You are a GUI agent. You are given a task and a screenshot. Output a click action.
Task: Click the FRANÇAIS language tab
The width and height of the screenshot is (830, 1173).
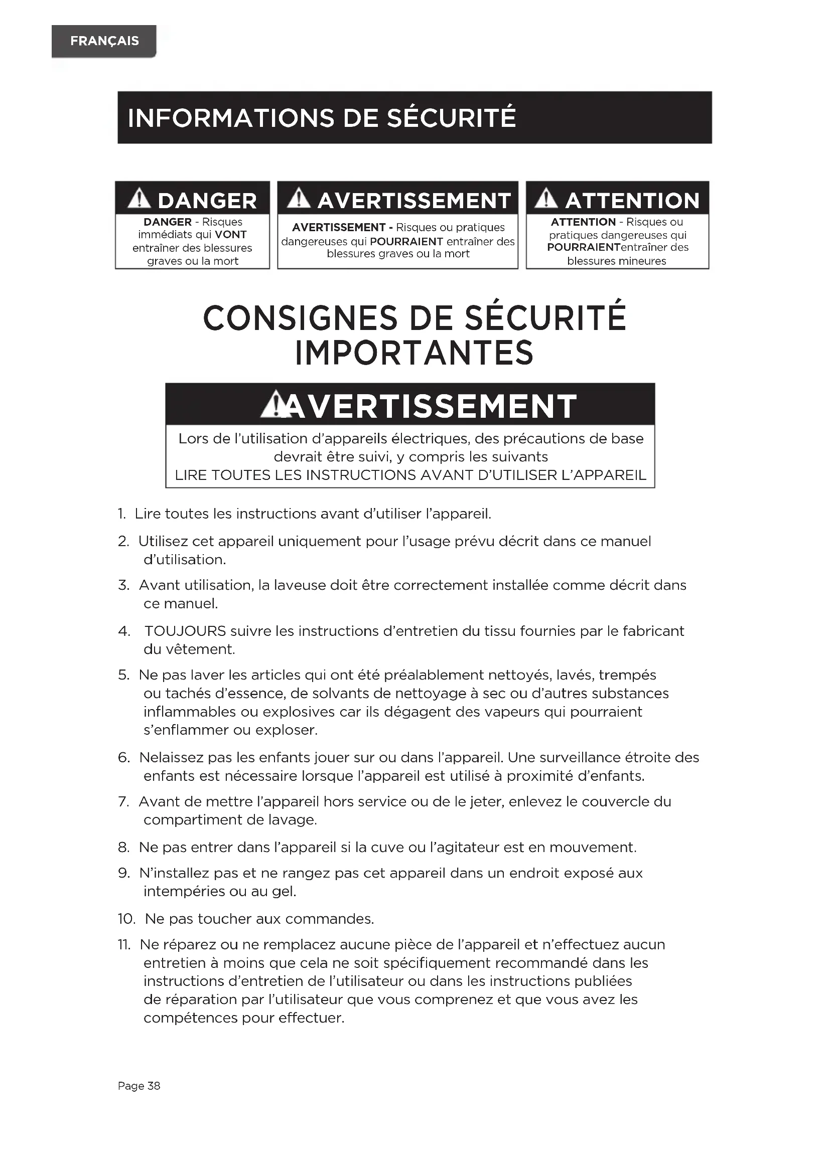(x=104, y=41)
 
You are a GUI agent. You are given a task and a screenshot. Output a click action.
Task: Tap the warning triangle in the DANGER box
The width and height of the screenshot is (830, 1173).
(x=139, y=199)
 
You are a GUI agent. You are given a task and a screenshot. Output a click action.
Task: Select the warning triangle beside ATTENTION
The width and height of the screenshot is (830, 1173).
(x=546, y=199)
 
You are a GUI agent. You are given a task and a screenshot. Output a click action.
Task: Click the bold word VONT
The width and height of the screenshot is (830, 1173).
(x=230, y=235)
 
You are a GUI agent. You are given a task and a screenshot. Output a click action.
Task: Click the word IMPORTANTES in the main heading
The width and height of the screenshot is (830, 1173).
(x=414, y=353)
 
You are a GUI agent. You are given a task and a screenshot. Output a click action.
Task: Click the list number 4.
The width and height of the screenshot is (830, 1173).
(x=123, y=631)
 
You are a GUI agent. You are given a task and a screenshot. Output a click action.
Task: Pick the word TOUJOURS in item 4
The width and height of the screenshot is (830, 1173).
(x=185, y=631)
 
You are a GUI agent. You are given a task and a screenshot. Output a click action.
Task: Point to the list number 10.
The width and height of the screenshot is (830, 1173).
(x=126, y=919)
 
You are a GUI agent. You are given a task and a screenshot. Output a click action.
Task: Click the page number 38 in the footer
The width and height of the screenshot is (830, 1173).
(x=154, y=1086)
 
